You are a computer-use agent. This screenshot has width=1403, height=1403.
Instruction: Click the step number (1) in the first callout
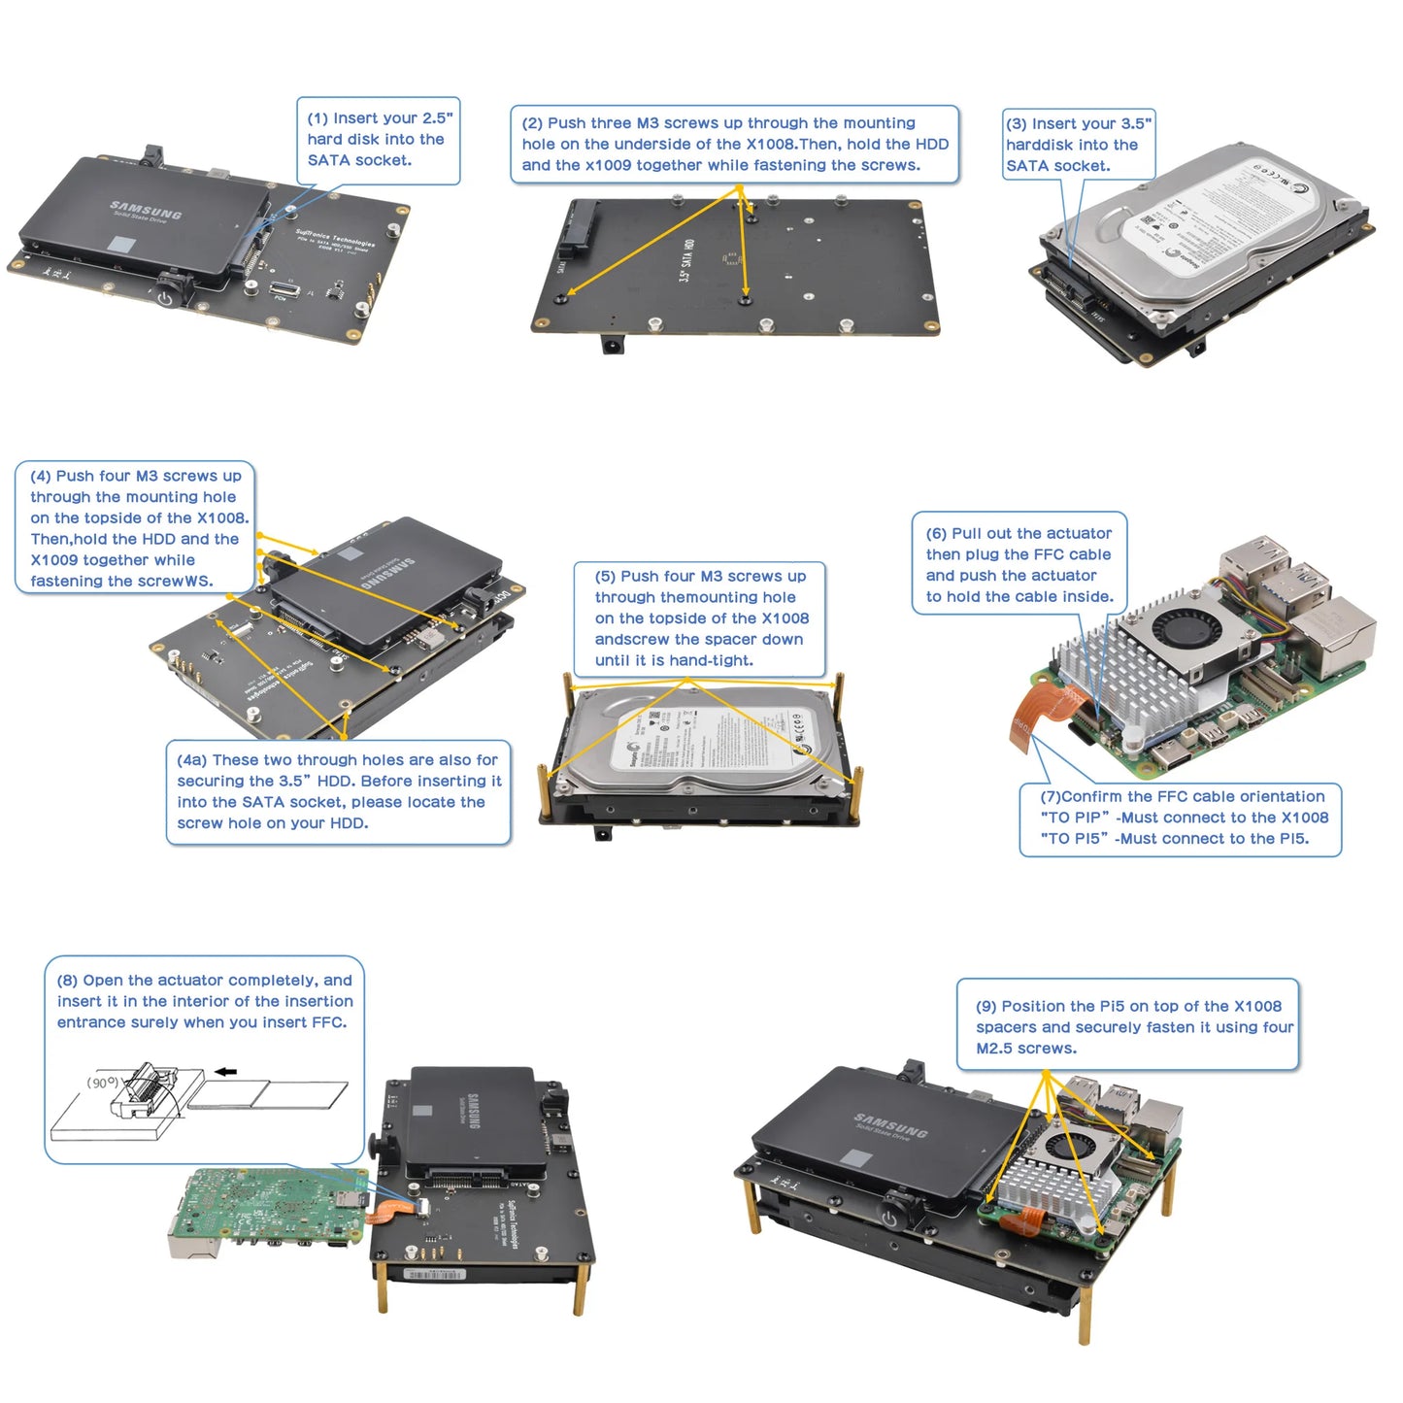tap(317, 118)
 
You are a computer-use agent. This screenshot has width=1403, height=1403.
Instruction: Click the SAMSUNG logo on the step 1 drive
tap(146, 211)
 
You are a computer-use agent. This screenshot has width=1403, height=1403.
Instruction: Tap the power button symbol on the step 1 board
tap(165, 297)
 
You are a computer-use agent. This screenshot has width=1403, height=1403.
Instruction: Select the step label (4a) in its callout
tap(192, 760)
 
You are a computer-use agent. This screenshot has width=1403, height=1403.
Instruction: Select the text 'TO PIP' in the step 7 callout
tap(1074, 818)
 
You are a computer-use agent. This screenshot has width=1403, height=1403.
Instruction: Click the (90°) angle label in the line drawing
tap(103, 1082)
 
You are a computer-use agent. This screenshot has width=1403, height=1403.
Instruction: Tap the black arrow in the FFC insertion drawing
tap(225, 1072)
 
